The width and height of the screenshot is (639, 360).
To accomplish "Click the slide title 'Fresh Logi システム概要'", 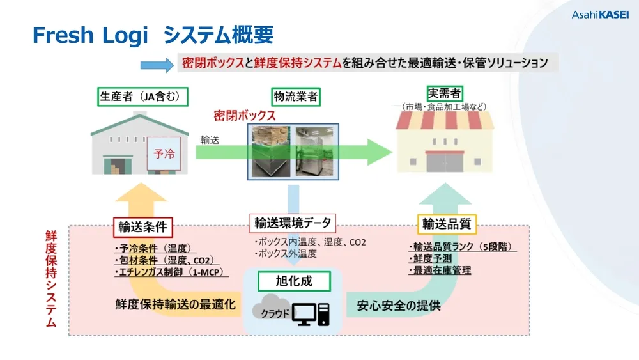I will (153, 35).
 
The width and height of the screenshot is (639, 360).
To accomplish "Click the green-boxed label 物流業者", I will (295, 97).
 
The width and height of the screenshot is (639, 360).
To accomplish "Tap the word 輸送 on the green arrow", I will (210, 139).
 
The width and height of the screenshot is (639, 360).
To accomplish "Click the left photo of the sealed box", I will (270, 151).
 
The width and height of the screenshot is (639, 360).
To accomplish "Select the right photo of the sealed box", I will (315, 151).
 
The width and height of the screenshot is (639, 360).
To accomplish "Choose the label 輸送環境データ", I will (293, 223).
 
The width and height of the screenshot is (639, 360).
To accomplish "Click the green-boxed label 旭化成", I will (294, 280).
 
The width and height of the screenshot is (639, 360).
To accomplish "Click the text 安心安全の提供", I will (399, 305).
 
